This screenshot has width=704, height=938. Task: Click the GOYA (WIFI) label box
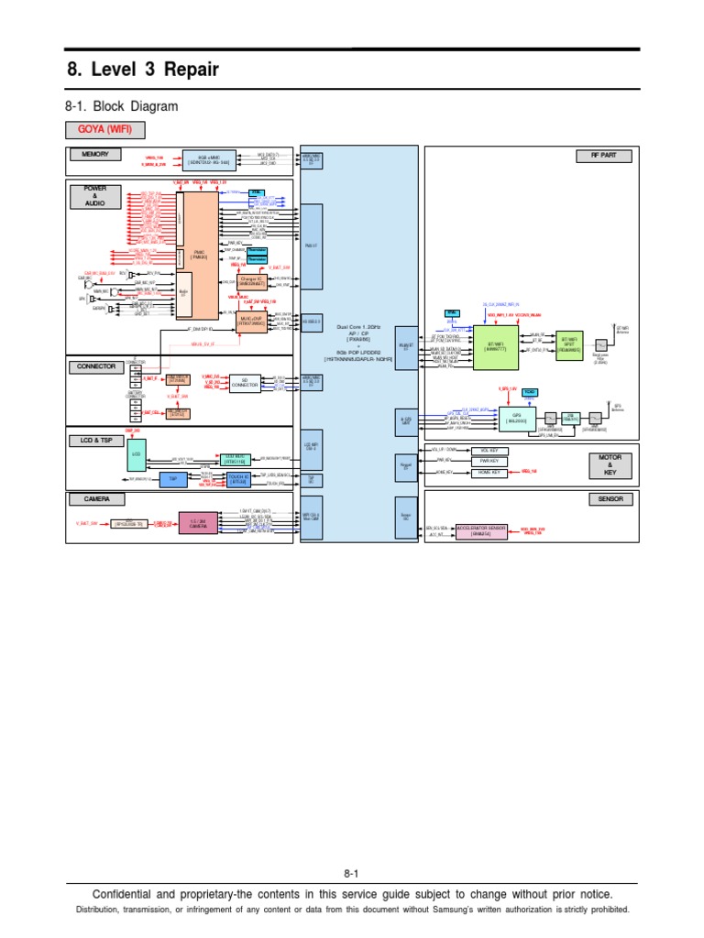tap(104, 129)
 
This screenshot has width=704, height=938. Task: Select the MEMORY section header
tap(95, 155)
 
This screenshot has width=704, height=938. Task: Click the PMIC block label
tap(199, 254)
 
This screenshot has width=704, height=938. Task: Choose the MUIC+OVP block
tap(251, 322)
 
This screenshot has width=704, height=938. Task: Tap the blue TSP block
tap(172, 479)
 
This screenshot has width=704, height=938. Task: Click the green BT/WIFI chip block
tap(495, 350)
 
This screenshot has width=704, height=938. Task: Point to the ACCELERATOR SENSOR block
tap(483, 530)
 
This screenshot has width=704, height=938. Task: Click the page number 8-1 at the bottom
tap(352, 874)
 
